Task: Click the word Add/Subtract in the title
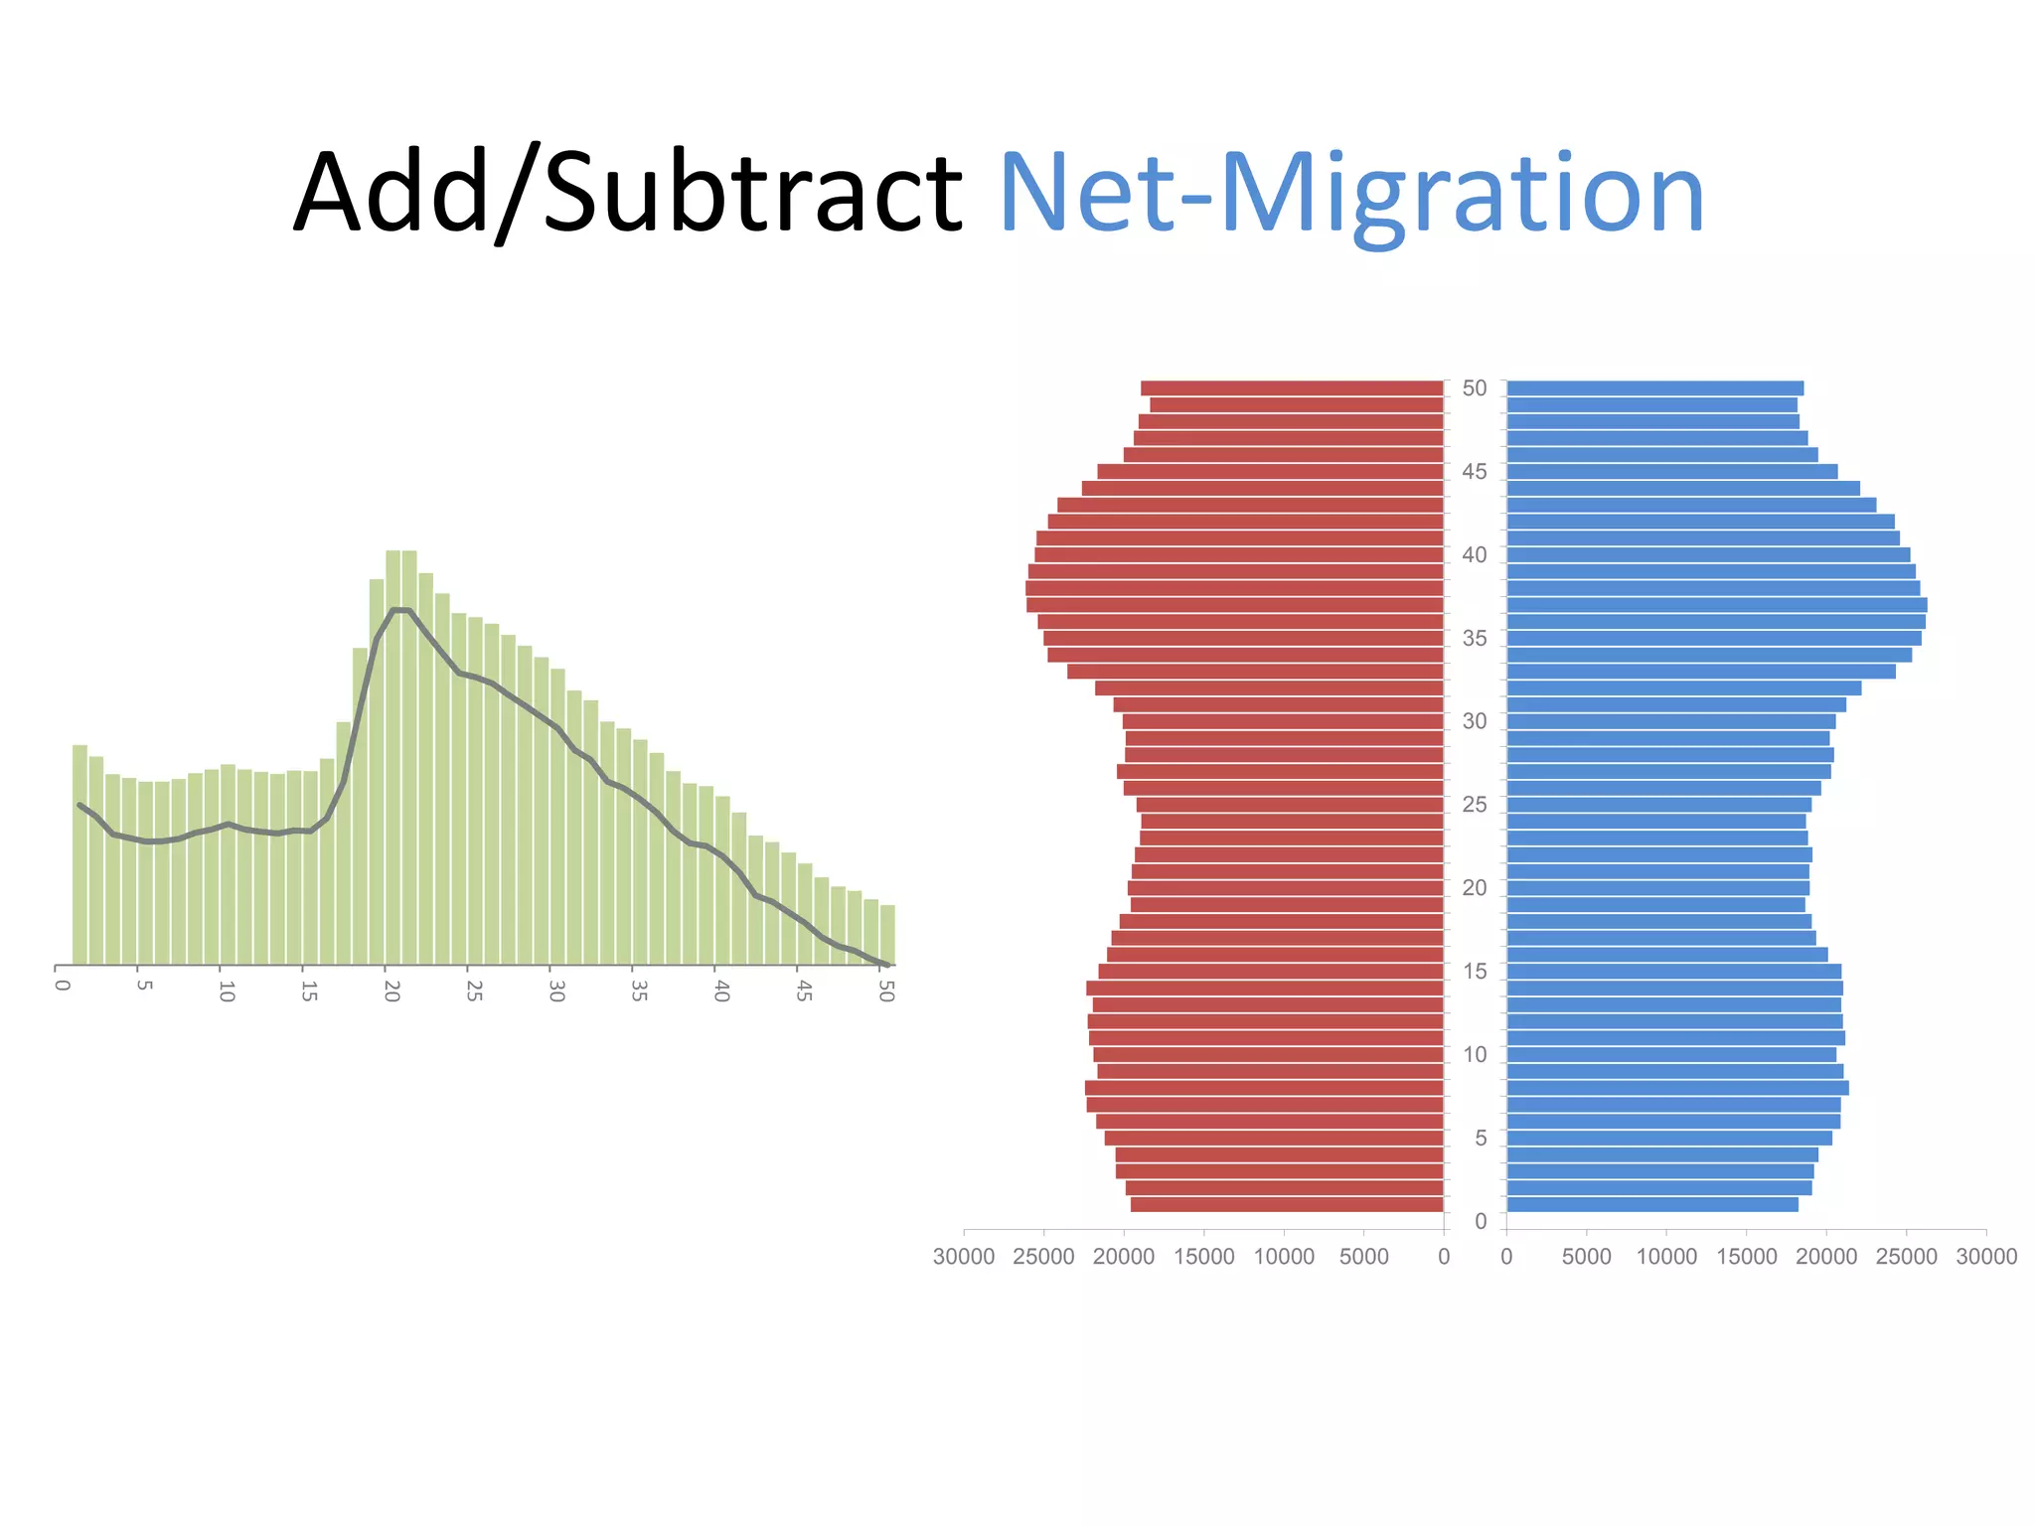pos(628,192)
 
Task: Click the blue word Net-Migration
pos(1351,192)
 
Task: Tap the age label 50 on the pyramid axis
pos(1475,388)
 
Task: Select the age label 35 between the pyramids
pos(1475,639)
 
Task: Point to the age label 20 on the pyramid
pos(1475,888)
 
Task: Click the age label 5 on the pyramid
pos(1481,1138)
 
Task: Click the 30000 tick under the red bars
pos(963,1257)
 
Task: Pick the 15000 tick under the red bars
pos(1203,1257)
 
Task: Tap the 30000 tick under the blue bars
pos(1986,1257)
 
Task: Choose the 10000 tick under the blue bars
pos(1666,1257)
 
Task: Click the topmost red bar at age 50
pos(1292,388)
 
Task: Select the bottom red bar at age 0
pos(1287,1205)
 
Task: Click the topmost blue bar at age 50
pos(1654,388)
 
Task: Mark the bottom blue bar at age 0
pos(1651,1205)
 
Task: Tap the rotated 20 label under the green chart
pos(391,992)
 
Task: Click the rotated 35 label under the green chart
pos(639,992)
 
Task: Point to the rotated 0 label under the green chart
pos(62,986)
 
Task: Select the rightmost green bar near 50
pos(887,935)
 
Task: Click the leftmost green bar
pos(79,854)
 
